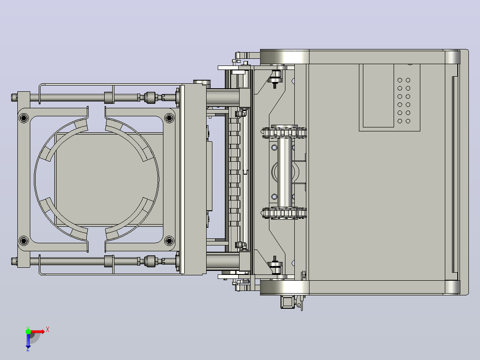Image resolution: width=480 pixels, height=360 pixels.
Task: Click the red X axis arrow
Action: (37, 331)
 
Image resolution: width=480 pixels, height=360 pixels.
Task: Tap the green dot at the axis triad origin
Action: (28, 331)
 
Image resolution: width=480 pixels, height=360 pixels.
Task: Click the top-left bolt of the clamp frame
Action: (24, 118)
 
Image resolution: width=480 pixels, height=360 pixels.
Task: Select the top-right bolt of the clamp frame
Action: (169, 118)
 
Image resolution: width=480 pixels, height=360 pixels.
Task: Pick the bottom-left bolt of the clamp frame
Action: (24, 241)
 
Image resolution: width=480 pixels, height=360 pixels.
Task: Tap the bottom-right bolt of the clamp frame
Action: (169, 241)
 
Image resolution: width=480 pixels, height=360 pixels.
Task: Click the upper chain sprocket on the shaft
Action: (284, 132)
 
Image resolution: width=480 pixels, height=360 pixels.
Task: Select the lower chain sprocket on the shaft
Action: (284, 213)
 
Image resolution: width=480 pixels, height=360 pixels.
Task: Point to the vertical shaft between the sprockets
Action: (285, 172)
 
